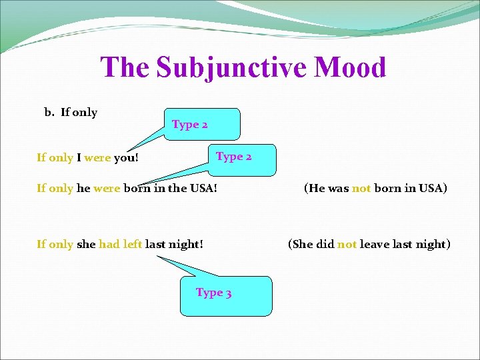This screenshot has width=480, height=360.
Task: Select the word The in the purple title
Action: [125, 68]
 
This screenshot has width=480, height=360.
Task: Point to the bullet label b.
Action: [49, 112]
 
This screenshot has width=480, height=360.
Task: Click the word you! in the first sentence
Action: [127, 158]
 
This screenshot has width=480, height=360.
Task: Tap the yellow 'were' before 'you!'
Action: [98, 158]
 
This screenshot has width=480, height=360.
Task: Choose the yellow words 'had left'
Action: [121, 245]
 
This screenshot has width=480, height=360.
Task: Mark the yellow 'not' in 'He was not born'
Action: [361, 189]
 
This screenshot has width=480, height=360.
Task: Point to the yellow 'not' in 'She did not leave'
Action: [347, 245]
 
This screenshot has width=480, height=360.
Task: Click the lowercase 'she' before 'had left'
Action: [86, 245]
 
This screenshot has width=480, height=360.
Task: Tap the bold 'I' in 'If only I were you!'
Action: [79, 158]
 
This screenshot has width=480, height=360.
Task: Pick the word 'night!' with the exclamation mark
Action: [187, 245]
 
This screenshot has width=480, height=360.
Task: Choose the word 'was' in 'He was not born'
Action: [338, 189]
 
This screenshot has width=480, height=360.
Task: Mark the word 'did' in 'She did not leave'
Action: [325, 245]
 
